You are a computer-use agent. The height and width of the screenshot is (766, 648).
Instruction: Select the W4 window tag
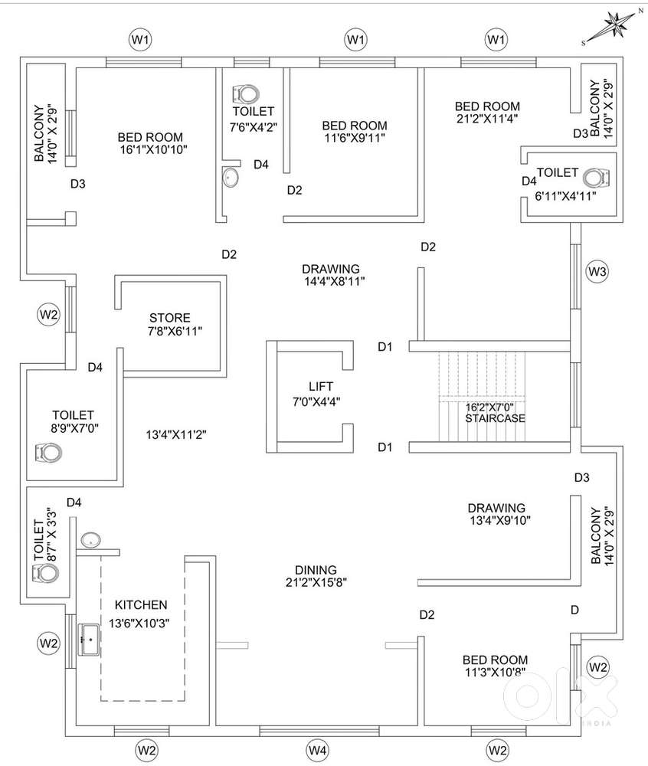[x=317, y=750]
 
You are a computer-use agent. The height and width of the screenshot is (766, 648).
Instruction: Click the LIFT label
[x=321, y=386]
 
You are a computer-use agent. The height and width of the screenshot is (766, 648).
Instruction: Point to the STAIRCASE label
[x=495, y=418]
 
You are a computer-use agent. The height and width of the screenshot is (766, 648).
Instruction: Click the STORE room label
[x=170, y=318]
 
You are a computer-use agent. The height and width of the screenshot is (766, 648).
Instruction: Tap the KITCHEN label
[x=141, y=605]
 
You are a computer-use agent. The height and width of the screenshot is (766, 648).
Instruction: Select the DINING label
[x=316, y=570]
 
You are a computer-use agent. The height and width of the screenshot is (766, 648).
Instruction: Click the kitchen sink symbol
[x=90, y=640]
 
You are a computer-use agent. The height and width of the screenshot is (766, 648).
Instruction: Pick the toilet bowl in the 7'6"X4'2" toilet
[x=246, y=93]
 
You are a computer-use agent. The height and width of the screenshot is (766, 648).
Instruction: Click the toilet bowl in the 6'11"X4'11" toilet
[x=597, y=178]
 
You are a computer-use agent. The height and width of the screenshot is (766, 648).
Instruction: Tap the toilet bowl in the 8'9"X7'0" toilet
[x=48, y=453]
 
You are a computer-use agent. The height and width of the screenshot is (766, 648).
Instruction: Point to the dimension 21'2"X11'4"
[x=487, y=118]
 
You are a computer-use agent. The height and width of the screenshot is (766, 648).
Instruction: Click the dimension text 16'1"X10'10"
[x=154, y=149]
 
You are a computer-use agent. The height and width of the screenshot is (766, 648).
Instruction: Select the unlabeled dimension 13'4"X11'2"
[x=176, y=434]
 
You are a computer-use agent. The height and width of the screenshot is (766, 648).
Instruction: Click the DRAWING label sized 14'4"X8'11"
[x=331, y=269]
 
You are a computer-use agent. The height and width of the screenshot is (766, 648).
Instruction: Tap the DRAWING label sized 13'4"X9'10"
[x=496, y=508]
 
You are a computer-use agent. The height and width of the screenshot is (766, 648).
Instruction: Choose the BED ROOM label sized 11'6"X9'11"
[x=355, y=126]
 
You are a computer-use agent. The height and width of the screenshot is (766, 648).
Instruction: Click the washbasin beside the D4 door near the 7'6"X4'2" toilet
[x=231, y=177]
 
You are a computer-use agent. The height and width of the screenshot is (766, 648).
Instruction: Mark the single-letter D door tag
[x=574, y=610]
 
